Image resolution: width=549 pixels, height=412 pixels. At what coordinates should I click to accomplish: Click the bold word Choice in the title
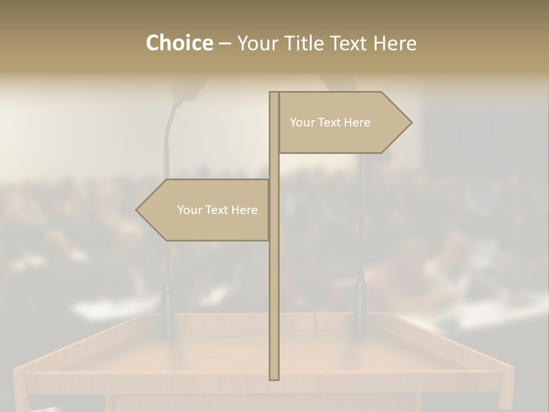pos(180,43)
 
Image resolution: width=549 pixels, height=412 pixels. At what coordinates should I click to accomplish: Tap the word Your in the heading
pos(259,43)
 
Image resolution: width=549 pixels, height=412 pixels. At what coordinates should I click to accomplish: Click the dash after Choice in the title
pos(225,43)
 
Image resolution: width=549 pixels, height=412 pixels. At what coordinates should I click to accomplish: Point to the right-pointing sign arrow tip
pos(411,122)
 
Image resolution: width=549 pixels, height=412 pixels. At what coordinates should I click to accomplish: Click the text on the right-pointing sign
pos(330,122)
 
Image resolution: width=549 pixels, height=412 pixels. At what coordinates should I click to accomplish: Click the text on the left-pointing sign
pos(217,210)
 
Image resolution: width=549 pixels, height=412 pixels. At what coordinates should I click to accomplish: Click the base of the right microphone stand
pos(361,329)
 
